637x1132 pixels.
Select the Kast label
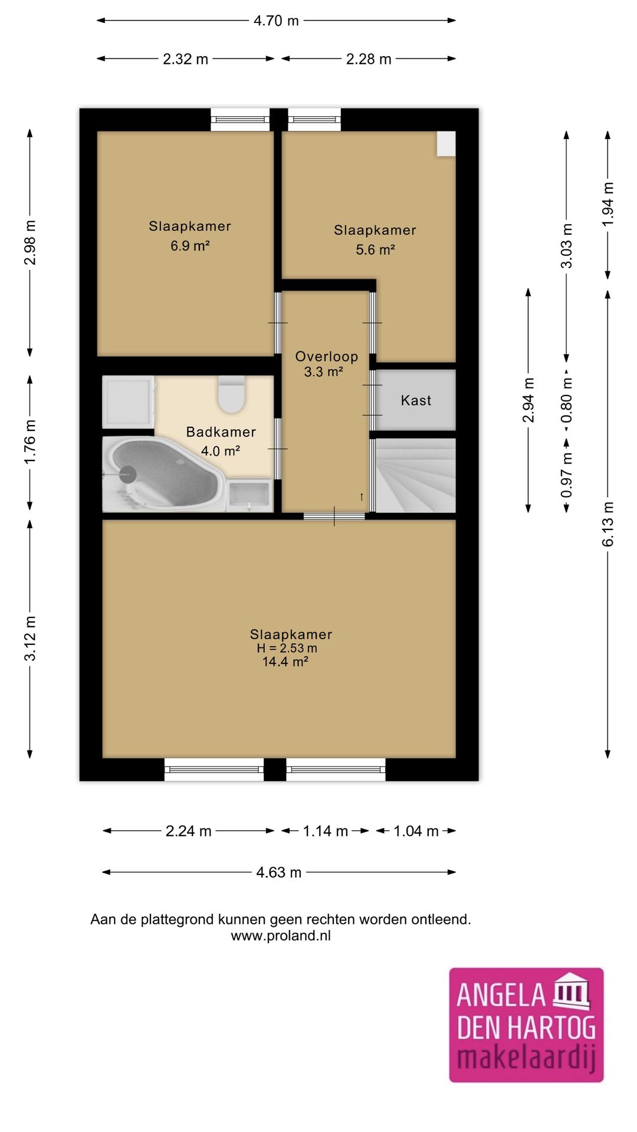tap(416, 401)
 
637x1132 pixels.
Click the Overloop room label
tap(326, 357)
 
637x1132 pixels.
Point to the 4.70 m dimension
tap(276, 21)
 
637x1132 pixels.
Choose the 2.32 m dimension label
tap(185, 59)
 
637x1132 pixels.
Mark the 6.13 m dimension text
tap(608, 524)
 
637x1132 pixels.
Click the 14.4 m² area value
tap(285, 662)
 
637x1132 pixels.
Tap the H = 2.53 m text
tap(287, 648)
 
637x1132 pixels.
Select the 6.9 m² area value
tap(190, 246)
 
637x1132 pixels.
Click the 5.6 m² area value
tap(375, 250)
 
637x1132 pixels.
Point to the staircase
tap(416, 475)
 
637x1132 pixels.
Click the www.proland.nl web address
tap(281, 936)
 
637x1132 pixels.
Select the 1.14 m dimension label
tap(325, 831)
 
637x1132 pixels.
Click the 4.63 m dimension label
tap(278, 873)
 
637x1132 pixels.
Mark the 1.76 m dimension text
tap(30, 442)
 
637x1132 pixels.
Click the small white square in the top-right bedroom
tap(446, 144)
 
